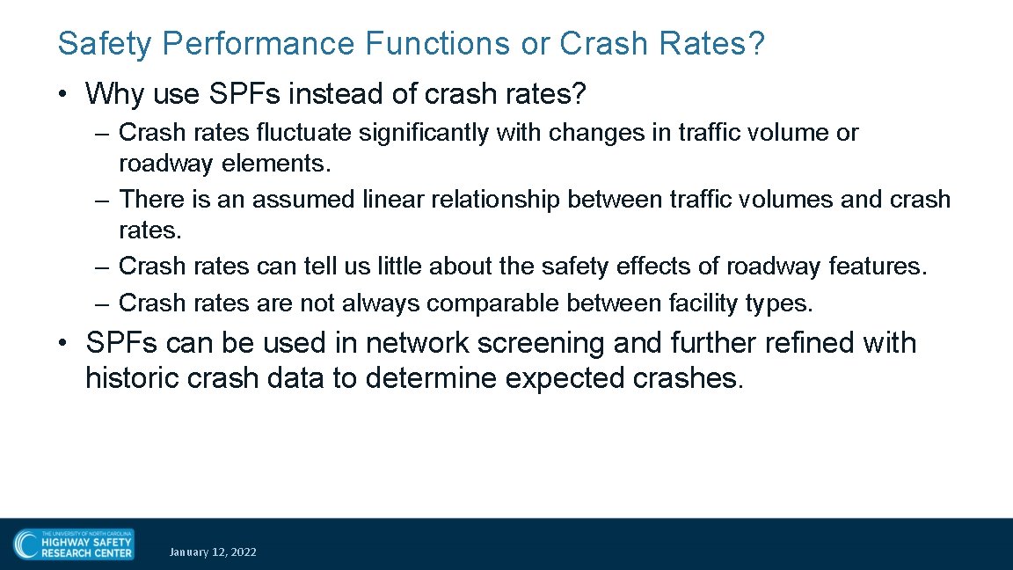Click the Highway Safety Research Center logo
74,544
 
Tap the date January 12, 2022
213,552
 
